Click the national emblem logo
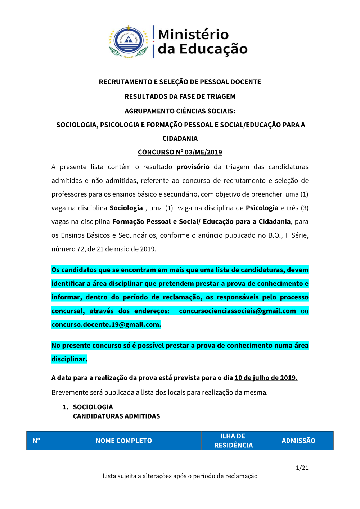pyautogui.click(x=129, y=41)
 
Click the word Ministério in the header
pyautogui.click(x=193, y=35)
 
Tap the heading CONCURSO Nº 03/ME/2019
pyautogui.click(x=180, y=152)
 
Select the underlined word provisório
pyautogui.click(x=193, y=167)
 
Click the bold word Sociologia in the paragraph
pyautogui.click(x=126, y=208)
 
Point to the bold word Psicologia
pyautogui.click(x=262, y=208)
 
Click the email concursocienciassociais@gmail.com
pyautogui.click(x=237, y=311)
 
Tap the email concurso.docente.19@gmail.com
pyautogui.click(x=106, y=325)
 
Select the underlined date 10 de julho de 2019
pyautogui.click(x=266, y=378)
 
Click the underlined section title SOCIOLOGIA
pyautogui.click(x=93, y=407)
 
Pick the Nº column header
pyautogui.click(x=36, y=441)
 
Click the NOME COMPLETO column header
pyautogui.click(x=124, y=441)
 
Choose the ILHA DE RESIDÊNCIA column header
pyautogui.click(x=233, y=441)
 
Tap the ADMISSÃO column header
pyautogui.click(x=298, y=441)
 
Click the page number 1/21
pyautogui.click(x=302, y=468)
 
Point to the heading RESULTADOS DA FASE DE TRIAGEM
pyautogui.click(x=180, y=96)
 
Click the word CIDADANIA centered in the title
pyautogui.click(x=180, y=139)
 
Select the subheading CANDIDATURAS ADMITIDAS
pyautogui.click(x=116, y=416)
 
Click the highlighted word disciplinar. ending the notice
pyautogui.click(x=69, y=359)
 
